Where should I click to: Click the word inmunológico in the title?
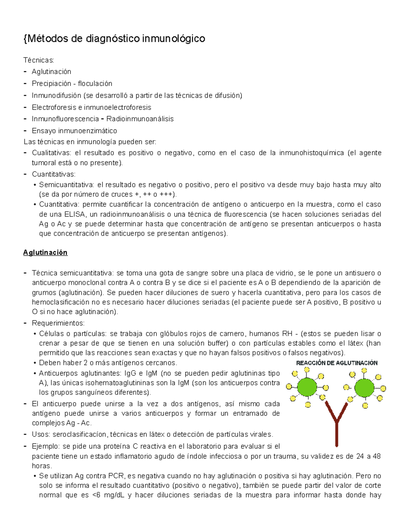tap(174, 39)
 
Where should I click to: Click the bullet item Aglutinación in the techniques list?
tap(51, 72)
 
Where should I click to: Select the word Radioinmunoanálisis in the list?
tap(140, 119)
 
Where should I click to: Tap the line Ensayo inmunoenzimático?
tap(74, 131)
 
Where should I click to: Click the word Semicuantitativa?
tap(66, 185)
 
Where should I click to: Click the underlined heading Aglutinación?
tap(45, 253)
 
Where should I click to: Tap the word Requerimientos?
tap(58, 323)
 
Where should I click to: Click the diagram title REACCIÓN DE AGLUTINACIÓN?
tap(337, 363)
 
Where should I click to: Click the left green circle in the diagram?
tap(307, 387)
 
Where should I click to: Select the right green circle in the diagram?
tap(364, 388)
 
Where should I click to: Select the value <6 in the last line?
tap(95, 495)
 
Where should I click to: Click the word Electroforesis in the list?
tap(54, 108)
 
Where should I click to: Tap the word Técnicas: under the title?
tap(39, 60)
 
